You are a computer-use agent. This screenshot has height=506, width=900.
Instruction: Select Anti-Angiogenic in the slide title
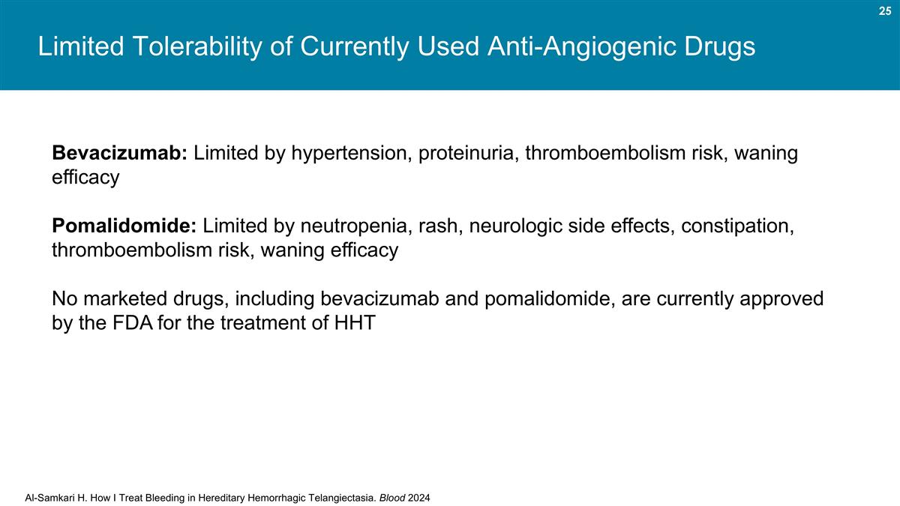coord(555,47)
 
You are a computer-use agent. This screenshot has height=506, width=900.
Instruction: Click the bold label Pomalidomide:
coord(124,226)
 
